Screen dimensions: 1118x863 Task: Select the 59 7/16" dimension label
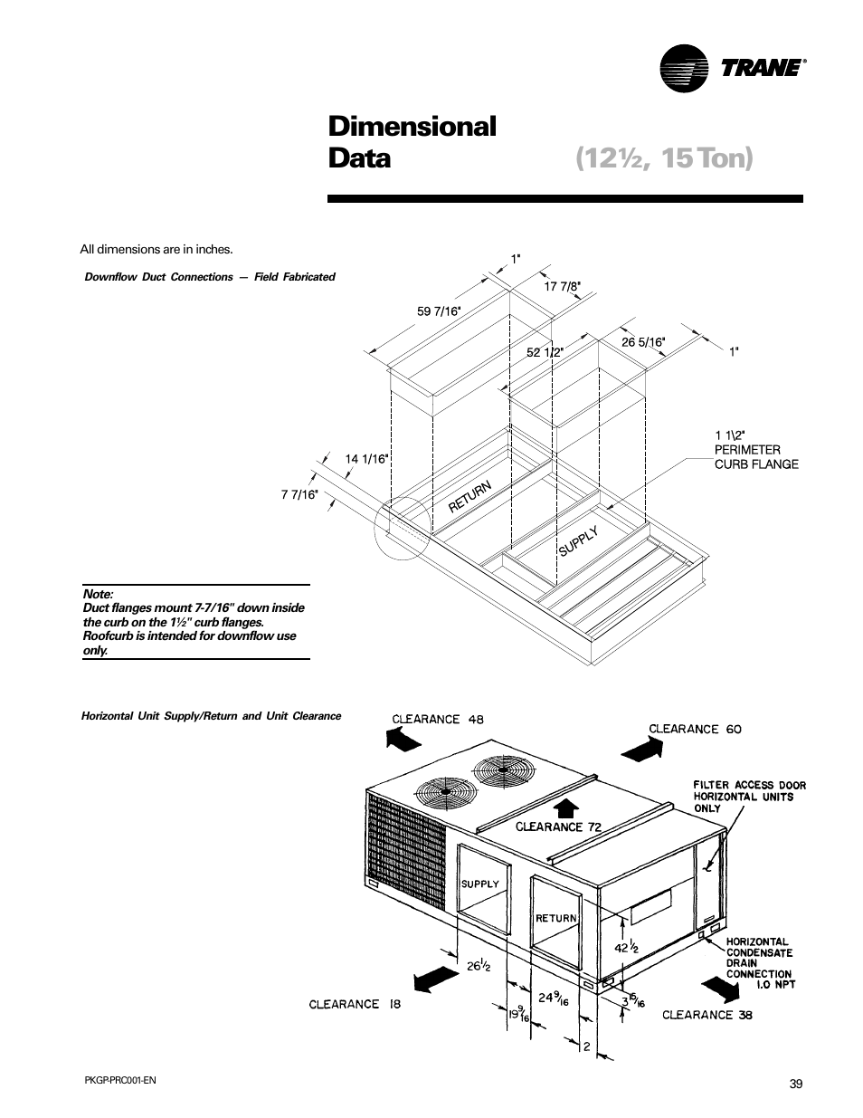point(439,311)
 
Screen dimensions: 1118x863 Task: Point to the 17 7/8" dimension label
point(562,286)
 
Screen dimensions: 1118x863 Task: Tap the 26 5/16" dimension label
point(642,342)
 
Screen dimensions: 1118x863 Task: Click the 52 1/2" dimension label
point(545,351)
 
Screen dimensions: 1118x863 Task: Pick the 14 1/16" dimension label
point(366,458)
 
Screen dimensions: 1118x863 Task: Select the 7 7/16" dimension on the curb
point(299,494)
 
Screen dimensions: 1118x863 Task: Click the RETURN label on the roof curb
point(470,497)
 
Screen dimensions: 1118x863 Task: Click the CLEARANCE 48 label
point(437,720)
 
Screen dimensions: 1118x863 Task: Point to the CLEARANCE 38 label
point(707,1015)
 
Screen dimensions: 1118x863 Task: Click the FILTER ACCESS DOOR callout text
point(749,797)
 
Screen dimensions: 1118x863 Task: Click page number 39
point(795,1085)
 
